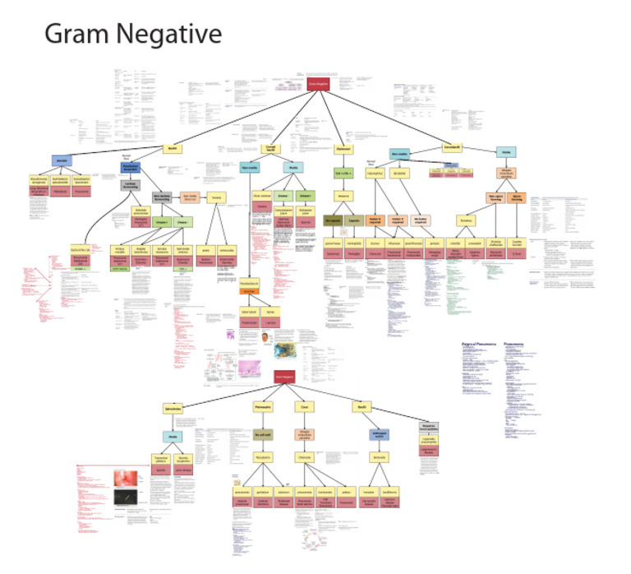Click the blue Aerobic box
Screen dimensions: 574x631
(64, 160)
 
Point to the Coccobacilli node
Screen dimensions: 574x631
(453, 147)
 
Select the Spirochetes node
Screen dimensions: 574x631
(173, 409)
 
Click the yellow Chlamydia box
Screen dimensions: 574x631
(304, 455)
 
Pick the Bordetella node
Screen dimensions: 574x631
(400, 174)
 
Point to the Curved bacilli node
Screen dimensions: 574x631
(269, 149)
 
